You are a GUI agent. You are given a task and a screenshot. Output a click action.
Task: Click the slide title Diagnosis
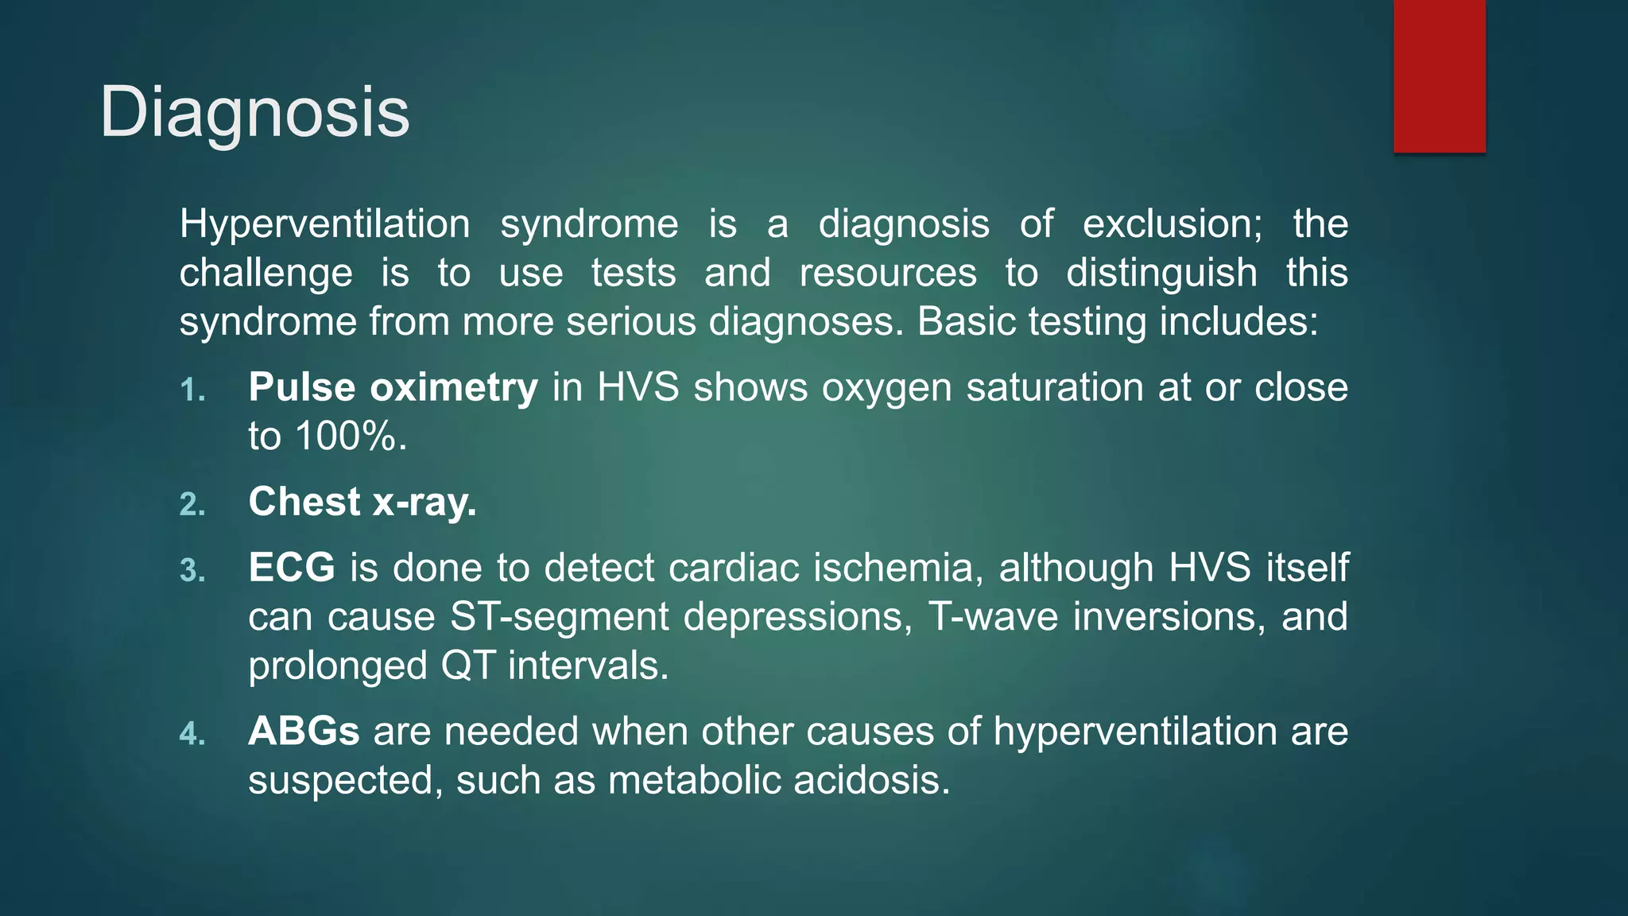point(254,112)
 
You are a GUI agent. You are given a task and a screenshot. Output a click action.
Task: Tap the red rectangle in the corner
point(1439,76)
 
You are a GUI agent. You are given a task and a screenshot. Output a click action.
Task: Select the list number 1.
point(192,390)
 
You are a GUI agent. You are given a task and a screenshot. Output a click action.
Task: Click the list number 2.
point(192,505)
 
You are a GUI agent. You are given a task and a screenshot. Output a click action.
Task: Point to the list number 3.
point(192,571)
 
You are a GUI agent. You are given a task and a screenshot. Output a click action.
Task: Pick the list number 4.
point(192,734)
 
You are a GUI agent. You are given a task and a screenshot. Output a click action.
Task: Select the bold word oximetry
point(454,387)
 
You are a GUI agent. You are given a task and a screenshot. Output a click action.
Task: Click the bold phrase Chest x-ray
point(362,502)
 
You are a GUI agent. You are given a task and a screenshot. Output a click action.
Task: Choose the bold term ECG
point(292,568)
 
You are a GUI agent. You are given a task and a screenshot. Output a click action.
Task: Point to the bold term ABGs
point(304,731)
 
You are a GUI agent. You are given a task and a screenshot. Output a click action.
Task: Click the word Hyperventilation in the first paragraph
point(324,223)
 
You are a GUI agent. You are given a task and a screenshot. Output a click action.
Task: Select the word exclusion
point(1172,223)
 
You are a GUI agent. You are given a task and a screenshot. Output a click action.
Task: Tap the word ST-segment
point(560,616)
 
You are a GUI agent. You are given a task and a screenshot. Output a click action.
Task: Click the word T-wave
point(993,616)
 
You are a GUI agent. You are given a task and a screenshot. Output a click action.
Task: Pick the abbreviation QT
point(468,666)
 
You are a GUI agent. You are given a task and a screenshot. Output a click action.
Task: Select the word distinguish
point(1161,273)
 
